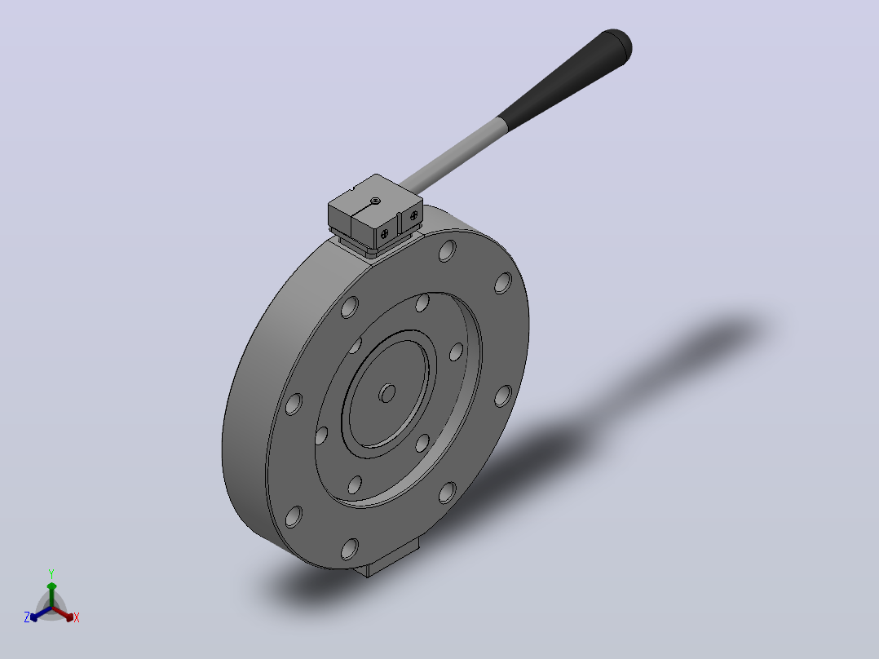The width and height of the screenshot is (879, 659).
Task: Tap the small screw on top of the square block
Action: click(376, 200)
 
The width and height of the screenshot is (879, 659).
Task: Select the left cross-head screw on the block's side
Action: click(385, 234)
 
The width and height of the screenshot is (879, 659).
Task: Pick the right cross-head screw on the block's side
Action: click(413, 215)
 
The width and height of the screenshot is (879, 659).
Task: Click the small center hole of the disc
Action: click(386, 392)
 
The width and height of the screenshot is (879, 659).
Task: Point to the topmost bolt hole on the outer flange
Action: click(448, 250)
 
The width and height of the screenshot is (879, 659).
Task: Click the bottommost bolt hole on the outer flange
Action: click(349, 549)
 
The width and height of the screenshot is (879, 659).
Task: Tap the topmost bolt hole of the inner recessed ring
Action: click(422, 303)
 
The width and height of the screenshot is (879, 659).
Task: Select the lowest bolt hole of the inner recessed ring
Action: click(354, 484)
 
